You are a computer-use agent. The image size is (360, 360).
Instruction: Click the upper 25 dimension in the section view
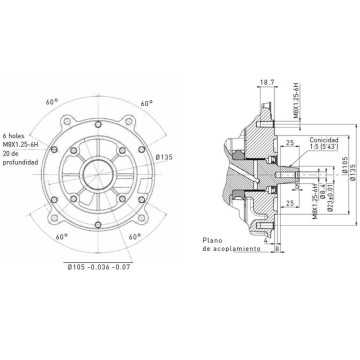click(x=262, y=143)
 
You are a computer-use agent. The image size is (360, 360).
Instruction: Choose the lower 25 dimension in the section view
click(x=262, y=206)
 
